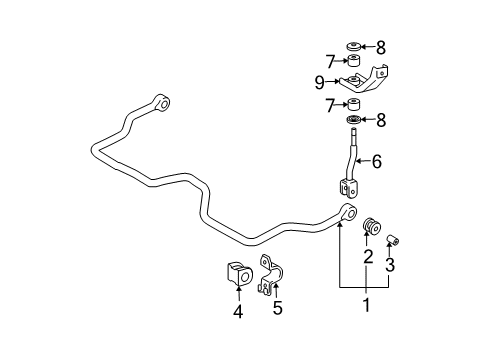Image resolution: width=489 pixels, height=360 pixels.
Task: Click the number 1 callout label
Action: (x=364, y=305)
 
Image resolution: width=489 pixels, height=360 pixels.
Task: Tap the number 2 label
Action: (x=368, y=258)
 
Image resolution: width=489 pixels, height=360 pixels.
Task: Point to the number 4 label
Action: (x=238, y=310)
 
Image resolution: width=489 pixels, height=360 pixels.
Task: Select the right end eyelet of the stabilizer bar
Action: (x=347, y=212)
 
